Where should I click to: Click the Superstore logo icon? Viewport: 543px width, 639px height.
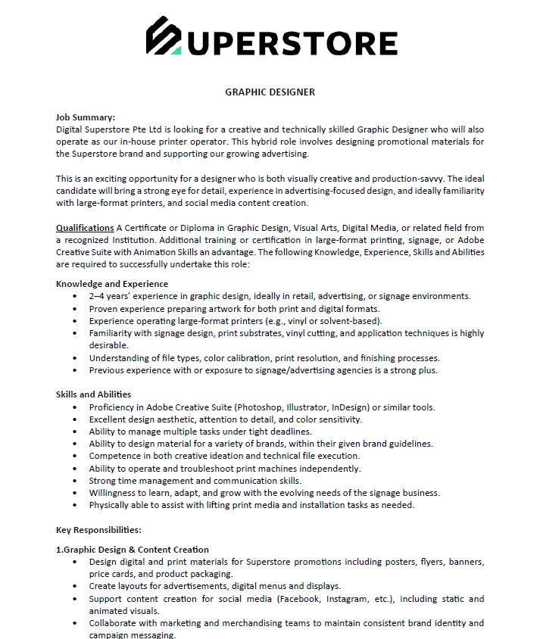[x=164, y=36]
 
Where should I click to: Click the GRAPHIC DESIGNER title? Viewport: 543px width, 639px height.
[x=270, y=92]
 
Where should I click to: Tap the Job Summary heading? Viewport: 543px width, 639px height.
[x=86, y=117]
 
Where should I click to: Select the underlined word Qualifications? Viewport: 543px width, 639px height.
[x=85, y=228]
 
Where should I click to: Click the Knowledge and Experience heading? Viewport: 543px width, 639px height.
[x=112, y=284]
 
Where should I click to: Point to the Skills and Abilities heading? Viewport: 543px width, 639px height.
[x=93, y=394]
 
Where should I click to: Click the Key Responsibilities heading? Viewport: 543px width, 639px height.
[x=98, y=530]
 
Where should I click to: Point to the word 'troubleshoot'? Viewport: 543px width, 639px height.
[x=199, y=469]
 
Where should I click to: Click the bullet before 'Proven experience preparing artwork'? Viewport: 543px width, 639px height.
[x=75, y=309]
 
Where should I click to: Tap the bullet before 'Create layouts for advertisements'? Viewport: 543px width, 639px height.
[x=75, y=586]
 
